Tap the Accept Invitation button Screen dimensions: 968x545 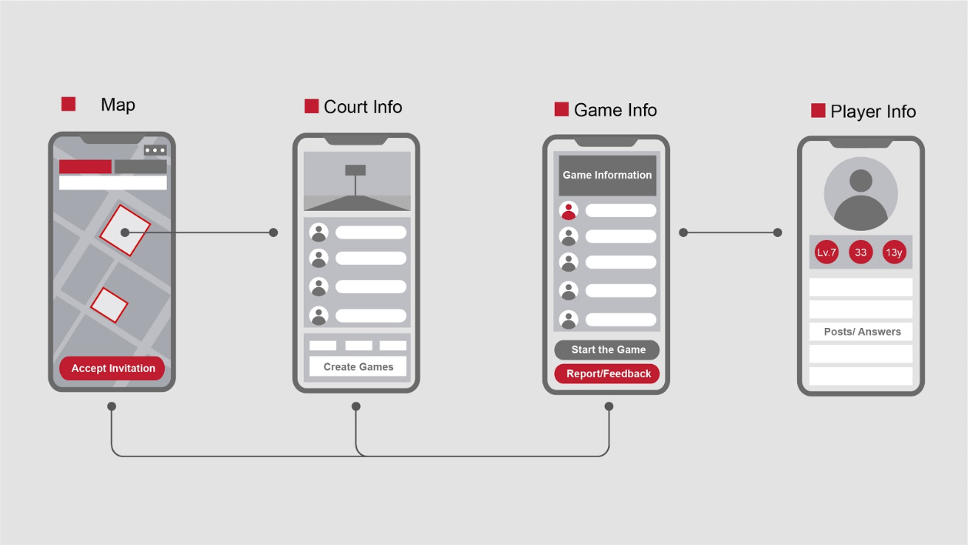(112, 368)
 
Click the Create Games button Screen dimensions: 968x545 (358, 367)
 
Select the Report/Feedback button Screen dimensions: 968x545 (607, 373)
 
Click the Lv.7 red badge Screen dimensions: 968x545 (826, 252)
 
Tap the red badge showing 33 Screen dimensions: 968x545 (860, 252)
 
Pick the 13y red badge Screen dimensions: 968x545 (894, 252)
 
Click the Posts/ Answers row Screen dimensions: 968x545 (861, 332)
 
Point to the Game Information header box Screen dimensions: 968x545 (607, 175)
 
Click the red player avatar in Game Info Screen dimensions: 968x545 (569, 210)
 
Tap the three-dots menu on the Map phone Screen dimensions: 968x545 (155, 151)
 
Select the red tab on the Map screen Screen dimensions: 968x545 (85, 166)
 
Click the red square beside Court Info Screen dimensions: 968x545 (312, 106)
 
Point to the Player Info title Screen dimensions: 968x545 (873, 112)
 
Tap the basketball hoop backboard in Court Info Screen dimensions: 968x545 (355, 170)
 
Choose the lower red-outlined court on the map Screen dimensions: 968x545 (109, 305)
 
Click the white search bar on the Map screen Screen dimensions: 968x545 (113, 182)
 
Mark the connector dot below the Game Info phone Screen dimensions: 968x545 (609, 406)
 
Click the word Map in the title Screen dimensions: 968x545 (118, 105)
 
